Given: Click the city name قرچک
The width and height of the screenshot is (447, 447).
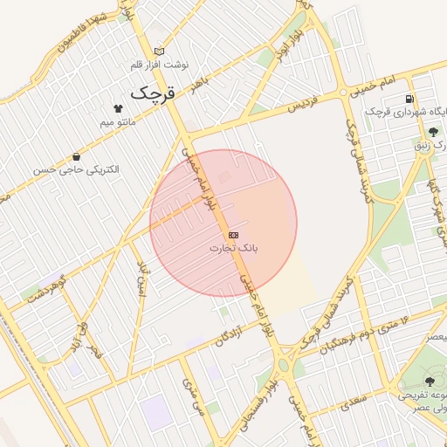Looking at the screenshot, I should tap(153, 92).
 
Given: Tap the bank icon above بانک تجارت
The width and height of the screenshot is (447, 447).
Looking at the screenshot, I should tap(233, 235).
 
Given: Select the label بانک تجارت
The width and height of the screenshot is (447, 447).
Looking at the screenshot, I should tap(233, 249).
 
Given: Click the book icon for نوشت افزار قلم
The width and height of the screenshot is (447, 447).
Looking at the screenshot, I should tap(158, 51).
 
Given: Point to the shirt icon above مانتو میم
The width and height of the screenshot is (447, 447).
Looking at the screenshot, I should tap(119, 107).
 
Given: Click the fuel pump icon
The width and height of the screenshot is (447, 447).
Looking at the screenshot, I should tap(409, 98).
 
